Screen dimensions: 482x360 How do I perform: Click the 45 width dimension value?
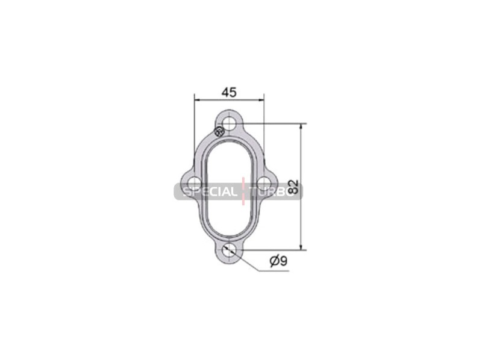tap(230, 92)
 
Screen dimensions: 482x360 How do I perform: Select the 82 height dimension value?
tap(294, 187)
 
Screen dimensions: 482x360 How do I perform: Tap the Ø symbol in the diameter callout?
tap(275, 261)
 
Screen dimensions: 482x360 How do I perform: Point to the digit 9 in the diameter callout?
tap(283, 261)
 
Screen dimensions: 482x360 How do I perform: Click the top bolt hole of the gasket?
tap(229, 124)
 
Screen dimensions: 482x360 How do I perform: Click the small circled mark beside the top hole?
tap(219, 132)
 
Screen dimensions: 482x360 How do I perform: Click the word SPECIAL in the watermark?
tap(210, 192)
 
